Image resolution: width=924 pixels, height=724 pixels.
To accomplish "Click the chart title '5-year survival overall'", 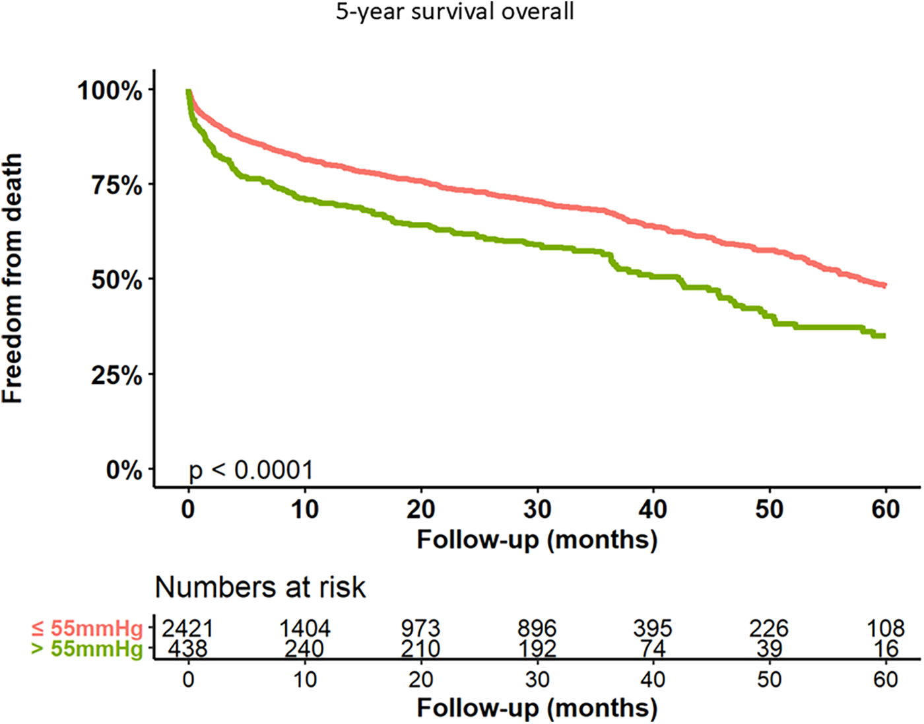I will coord(455,12).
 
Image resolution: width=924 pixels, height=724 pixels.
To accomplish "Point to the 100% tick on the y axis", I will coord(110,90).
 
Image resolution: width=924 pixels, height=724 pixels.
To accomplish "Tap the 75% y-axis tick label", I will coord(116,185).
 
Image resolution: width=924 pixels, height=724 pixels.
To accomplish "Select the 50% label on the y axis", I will coord(116,280).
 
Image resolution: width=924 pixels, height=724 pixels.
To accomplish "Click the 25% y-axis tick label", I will coord(116,375).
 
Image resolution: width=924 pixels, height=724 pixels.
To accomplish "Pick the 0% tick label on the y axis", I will coord(123,470).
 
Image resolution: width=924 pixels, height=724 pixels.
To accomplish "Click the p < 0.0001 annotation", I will coord(251,470).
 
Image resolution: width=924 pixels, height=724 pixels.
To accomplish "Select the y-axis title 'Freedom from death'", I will coord(13,278).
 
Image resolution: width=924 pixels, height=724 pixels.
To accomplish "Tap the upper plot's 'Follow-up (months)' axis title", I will coord(537,540).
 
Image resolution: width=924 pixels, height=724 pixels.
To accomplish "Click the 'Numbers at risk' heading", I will coord(260,587).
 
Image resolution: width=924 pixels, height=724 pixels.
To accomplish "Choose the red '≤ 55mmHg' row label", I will coord(87,628).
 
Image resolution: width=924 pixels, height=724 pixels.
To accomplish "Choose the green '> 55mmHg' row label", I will coord(87,649).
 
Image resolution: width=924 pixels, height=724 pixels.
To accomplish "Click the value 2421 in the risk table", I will coord(188,628).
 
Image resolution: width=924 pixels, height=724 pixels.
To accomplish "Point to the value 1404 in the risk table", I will coord(304,628).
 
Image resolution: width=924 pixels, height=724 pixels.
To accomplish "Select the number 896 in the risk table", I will coord(537,628).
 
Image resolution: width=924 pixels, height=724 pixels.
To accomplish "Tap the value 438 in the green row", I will coord(188,649).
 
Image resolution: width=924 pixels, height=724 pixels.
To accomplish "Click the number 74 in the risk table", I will coord(653,649).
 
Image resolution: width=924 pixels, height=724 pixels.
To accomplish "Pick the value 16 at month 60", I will coord(885,649).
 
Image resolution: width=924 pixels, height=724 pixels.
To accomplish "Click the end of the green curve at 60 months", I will coord(883,336).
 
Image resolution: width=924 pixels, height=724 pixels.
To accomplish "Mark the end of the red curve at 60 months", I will coord(883,285).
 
